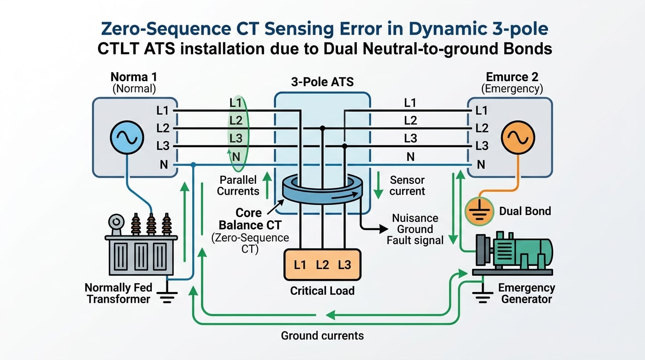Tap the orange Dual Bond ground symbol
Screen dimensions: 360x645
click(x=479, y=211)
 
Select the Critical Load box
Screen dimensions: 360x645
click(x=322, y=265)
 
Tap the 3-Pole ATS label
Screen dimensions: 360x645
click(x=322, y=82)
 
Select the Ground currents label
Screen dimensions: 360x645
click(x=322, y=336)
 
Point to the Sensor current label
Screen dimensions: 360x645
click(x=407, y=186)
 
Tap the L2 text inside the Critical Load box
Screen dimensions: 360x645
click(x=322, y=265)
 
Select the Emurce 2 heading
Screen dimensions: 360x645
click(x=512, y=76)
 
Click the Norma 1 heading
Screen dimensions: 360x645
click(x=134, y=76)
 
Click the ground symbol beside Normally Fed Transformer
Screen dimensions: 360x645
click(x=167, y=296)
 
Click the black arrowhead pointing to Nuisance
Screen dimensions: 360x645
click(x=384, y=229)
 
